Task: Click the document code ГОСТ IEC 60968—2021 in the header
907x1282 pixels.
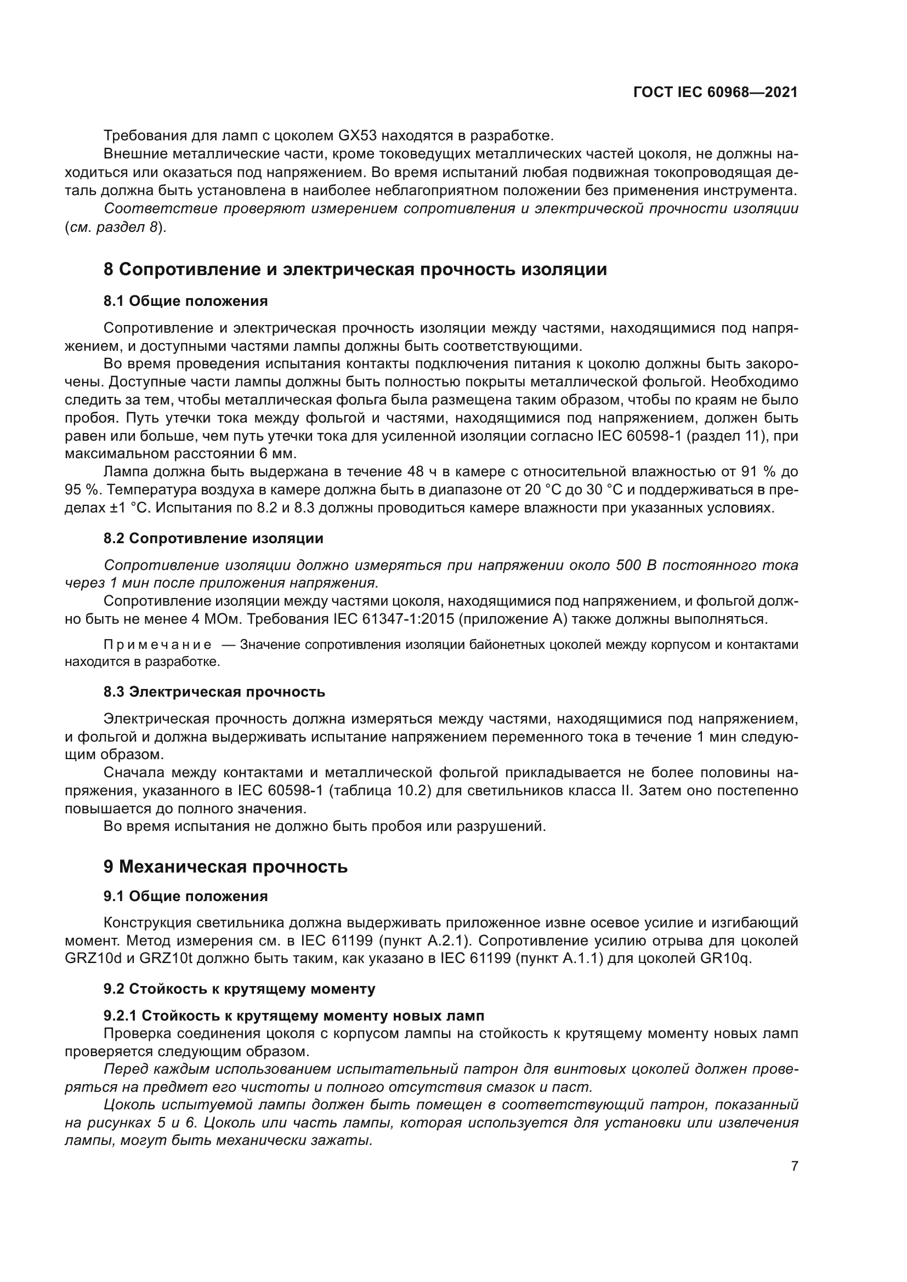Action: pos(716,93)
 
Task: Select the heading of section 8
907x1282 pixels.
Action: pos(355,270)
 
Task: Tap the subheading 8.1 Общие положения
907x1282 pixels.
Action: pos(185,301)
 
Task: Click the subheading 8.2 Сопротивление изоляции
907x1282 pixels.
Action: pos(213,539)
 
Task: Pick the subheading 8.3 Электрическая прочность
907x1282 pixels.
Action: pos(214,692)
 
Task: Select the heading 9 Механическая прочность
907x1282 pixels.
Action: pos(225,867)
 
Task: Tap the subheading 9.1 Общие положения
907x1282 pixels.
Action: pos(185,897)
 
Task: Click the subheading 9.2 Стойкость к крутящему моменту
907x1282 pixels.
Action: pos(239,989)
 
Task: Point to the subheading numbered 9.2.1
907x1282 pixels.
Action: pos(294,1016)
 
